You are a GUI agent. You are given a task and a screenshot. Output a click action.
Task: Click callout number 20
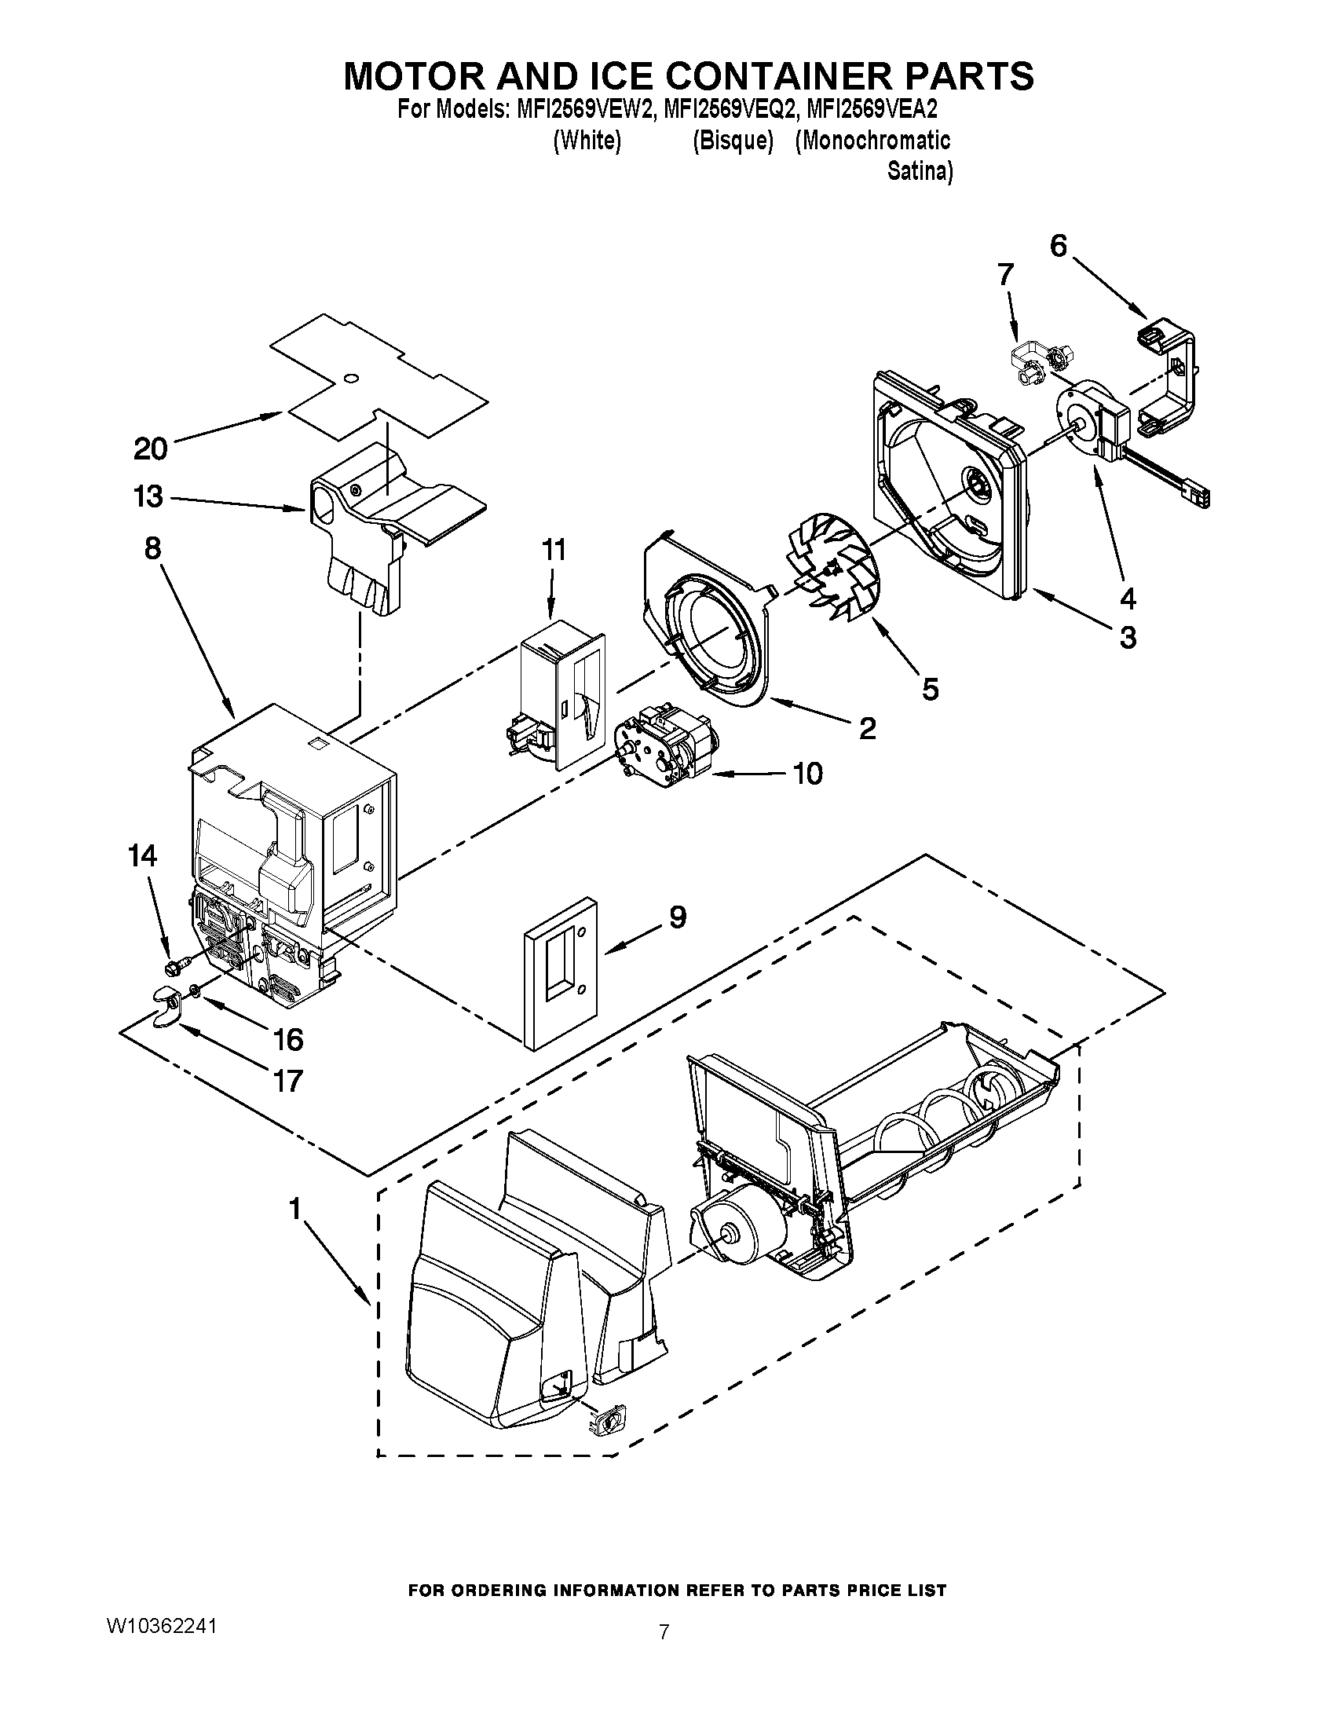[150, 448]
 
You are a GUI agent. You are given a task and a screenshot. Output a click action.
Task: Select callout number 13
[148, 497]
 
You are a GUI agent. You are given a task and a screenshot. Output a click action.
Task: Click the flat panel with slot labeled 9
[560, 972]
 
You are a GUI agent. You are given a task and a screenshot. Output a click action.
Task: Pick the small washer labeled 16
[194, 990]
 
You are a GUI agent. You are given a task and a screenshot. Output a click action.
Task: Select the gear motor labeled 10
[663, 745]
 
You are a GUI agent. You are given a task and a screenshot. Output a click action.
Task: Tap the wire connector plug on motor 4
[1198, 498]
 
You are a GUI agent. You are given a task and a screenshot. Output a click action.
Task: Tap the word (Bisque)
[733, 141]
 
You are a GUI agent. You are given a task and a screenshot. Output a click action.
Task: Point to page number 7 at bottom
[664, 1631]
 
